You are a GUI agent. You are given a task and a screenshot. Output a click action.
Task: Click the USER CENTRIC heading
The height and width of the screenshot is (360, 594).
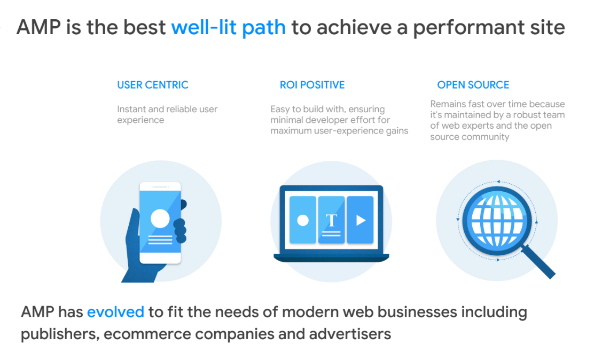click(x=153, y=84)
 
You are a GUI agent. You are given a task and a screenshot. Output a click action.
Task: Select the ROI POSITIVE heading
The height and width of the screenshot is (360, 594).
click(x=312, y=84)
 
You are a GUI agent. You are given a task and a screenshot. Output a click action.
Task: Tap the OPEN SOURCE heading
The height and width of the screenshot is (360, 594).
click(x=473, y=84)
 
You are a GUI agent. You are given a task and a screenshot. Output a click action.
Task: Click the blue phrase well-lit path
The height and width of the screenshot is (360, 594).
click(x=229, y=28)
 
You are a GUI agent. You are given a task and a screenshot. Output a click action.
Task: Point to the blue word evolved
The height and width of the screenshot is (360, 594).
click(x=115, y=312)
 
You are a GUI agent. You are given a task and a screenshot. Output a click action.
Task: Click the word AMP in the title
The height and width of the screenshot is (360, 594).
click(x=38, y=28)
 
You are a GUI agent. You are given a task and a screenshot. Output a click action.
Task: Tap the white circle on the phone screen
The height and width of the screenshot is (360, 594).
click(x=160, y=218)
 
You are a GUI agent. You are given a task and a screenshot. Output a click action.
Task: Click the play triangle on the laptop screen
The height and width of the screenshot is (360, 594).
click(x=361, y=220)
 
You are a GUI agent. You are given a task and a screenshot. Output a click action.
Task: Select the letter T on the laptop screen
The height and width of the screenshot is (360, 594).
click(x=332, y=220)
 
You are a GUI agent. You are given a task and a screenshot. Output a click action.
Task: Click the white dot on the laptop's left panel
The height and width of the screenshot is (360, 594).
click(x=303, y=220)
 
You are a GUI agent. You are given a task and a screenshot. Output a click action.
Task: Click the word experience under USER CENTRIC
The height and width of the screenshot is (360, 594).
click(x=140, y=120)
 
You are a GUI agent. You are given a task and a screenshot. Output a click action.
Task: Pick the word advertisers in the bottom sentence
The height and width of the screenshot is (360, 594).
click(x=350, y=334)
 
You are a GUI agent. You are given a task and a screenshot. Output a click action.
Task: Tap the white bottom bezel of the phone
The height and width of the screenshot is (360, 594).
click(x=160, y=258)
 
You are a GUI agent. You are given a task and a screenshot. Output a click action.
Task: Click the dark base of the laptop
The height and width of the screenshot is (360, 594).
click(x=331, y=257)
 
